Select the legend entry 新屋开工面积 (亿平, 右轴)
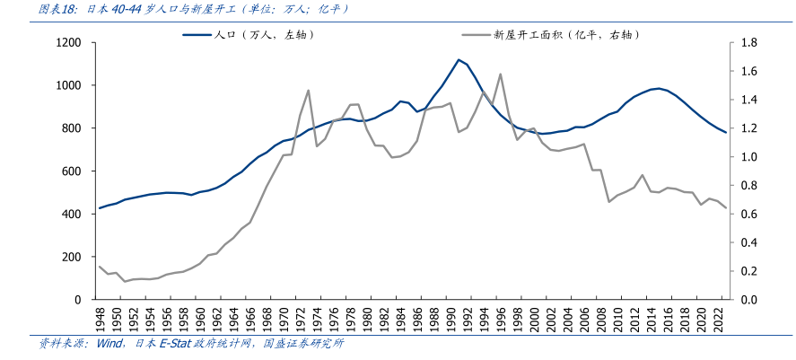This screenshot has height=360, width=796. tap(565, 35)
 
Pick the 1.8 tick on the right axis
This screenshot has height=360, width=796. tap(750, 43)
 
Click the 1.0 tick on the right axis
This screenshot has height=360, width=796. tap(750, 157)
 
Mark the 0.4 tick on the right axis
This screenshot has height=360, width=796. tap(750, 242)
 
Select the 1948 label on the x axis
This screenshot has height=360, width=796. tap(100, 320)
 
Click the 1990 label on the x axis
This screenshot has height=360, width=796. tap(450, 320)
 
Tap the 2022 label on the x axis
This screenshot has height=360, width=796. tap(718, 320)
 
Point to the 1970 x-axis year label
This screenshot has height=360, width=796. tap(284, 320)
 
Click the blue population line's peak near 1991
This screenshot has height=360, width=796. tap(459, 60)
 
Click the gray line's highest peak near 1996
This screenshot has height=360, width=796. tap(500, 74)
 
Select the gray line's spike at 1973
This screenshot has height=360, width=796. tap(308, 90)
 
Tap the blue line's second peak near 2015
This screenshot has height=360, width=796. tap(659, 88)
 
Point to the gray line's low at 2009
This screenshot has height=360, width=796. tap(609, 201)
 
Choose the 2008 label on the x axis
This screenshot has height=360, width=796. tap(601, 320)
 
